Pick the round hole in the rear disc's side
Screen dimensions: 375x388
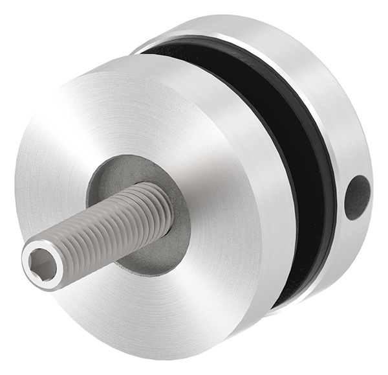(357, 196)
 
